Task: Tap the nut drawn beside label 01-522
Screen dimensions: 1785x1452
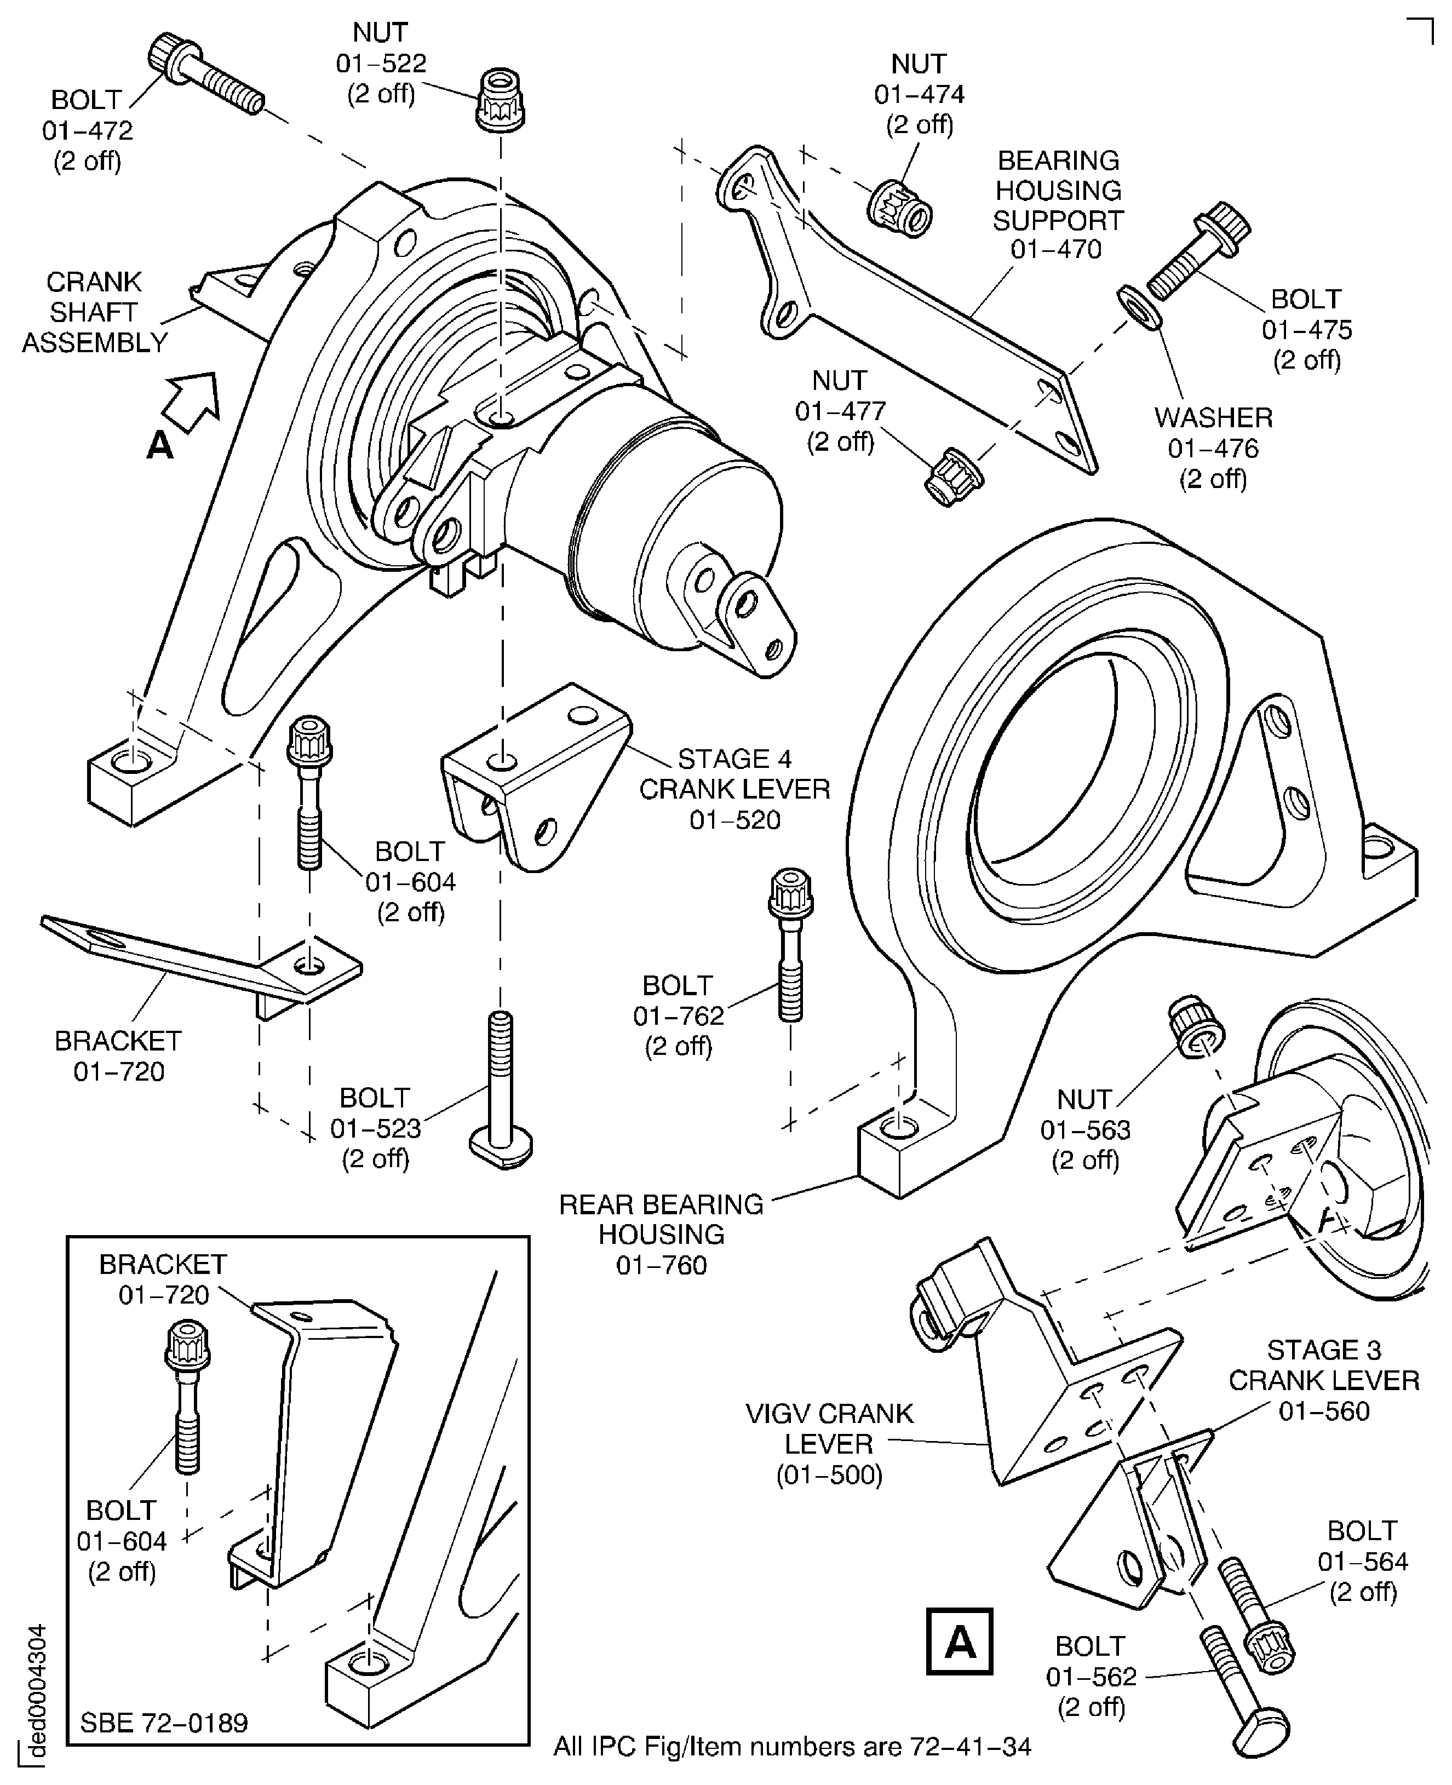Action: tap(501, 100)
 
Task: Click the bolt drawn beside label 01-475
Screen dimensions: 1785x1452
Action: tap(1197, 251)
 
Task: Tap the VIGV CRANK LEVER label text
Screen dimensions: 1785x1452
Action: tap(829, 1428)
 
